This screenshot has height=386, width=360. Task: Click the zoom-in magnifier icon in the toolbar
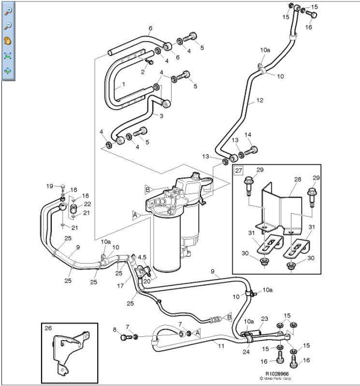[x=8, y=11]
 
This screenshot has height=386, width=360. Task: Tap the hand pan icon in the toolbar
[x=8, y=41]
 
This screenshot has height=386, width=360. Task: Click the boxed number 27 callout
[x=238, y=170]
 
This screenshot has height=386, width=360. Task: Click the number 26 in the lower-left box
[x=48, y=329]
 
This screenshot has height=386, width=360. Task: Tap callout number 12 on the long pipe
[x=259, y=100]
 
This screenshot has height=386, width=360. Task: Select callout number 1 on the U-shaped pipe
[x=123, y=84]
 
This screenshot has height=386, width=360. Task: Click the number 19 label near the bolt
[x=49, y=186]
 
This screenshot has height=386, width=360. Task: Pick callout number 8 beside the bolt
[x=115, y=330]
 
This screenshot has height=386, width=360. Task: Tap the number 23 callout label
[x=264, y=319]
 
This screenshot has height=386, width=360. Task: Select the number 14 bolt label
[x=248, y=135]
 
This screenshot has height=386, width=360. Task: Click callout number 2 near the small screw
[x=143, y=72]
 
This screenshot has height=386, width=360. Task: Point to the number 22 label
[x=87, y=204]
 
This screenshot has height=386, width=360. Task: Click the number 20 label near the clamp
[x=147, y=280]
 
